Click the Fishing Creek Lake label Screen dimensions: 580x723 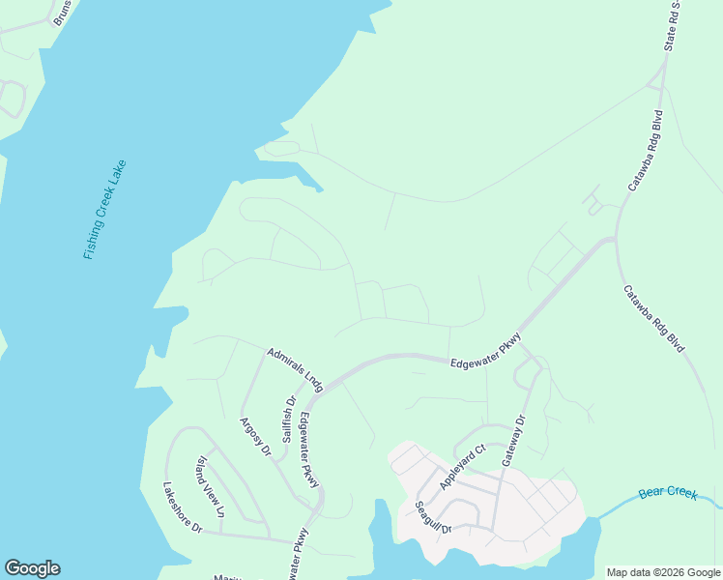coord(105,210)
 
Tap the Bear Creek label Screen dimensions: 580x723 coord(668,494)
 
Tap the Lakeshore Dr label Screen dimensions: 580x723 coord(182,507)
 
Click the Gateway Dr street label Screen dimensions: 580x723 coord(512,441)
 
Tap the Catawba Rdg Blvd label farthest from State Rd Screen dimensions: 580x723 coord(653,318)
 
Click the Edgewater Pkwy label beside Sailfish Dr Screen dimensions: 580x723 coord(309,449)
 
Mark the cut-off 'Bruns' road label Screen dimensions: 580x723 coord(62,13)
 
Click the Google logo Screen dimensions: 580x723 coord(32,568)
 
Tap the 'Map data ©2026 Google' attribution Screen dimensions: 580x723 coord(663,572)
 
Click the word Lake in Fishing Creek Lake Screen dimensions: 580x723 coord(115,174)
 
